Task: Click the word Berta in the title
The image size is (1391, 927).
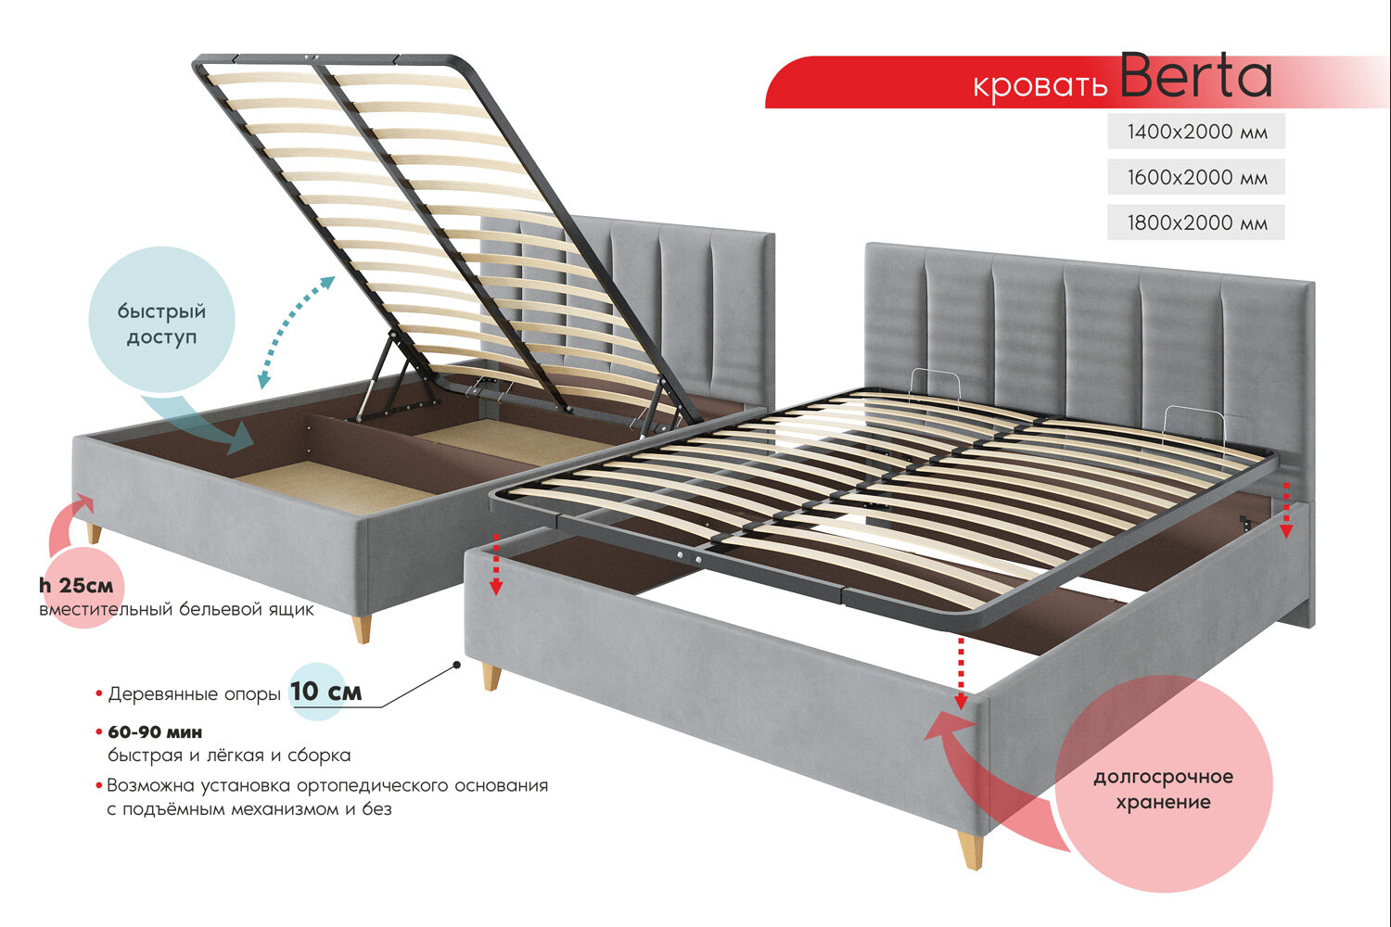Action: tap(1195, 78)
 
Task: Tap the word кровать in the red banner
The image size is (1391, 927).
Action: tap(1040, 85)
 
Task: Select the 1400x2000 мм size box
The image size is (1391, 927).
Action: tap(1196, 132)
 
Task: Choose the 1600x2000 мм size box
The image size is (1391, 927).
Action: tap(1196, 177)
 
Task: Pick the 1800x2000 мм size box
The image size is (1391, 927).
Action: tap(1196, 222)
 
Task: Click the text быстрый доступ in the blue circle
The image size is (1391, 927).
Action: tap(161, 324)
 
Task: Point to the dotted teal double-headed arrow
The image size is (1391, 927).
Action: tap(296, 331)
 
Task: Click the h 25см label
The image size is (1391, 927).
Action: tap(76, 586)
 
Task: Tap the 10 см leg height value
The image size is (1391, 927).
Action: tap(325, 692)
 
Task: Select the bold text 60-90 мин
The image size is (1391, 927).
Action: tap(155, 732)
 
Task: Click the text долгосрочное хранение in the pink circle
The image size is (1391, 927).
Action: tap(1163, 789)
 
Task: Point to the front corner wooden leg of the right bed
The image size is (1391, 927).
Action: tap(972, 849)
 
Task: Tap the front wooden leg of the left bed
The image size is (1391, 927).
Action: tap(363, 628)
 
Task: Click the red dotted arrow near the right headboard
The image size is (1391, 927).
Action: tap(1286, 509)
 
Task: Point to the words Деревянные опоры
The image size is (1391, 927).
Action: tap(194, 694)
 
